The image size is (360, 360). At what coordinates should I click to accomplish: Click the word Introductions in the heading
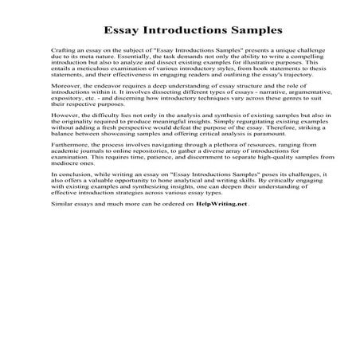[179, 32]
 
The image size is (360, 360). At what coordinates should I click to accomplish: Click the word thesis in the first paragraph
[282, 84]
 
